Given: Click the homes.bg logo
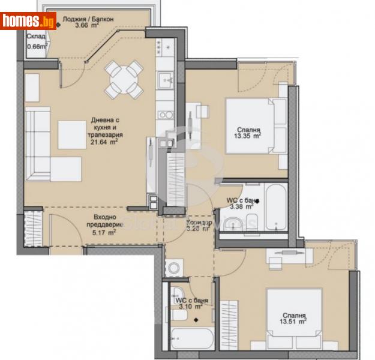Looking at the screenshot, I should tap(29, 21).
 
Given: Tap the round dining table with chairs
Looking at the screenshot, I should tap(124, 80).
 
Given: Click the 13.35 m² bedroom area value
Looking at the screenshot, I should tap(248, 136).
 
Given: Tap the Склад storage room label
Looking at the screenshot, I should tap(35, 36).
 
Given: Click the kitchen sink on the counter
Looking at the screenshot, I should tap(165, 77).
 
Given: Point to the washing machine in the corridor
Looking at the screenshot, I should tap(175, 266).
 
